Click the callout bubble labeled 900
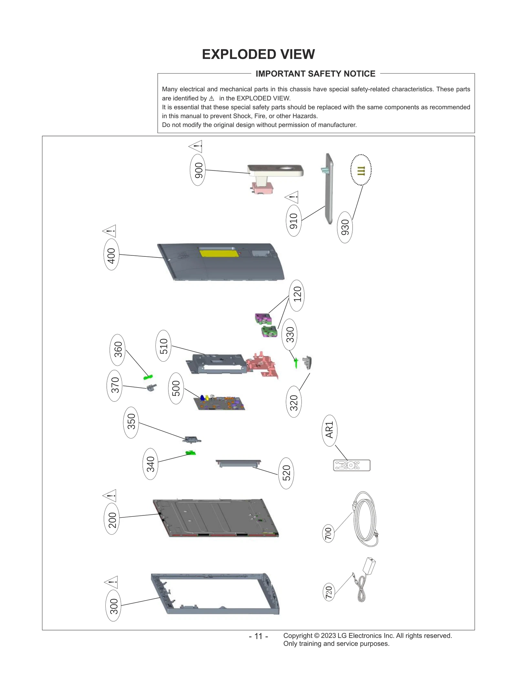(x=198, y=170)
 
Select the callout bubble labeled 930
(x=345, y=227)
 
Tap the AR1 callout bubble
(x=329, y=430)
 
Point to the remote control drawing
(x=352, y=465)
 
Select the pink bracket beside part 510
(x=262, y=364)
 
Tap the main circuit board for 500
(x=220, y=403)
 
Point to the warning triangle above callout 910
(x=292, y=197)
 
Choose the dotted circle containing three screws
(x=361, y=170)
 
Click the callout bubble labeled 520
(x=286, y=473)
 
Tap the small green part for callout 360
(x=148, y=377)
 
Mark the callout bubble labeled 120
(x=297, y=295)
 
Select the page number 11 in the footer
(x=258, y=636)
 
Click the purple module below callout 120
(x=263, y=319)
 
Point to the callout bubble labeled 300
(x=113, y=606)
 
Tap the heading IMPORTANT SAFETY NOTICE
(x=315, y=74)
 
